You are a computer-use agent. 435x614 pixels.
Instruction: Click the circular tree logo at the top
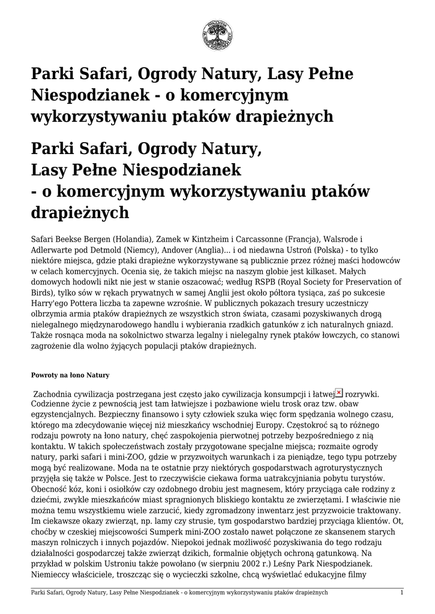(217, 34)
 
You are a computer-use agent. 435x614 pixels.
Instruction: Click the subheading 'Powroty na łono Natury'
(70, 375)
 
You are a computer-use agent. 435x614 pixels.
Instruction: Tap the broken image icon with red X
(339, 392)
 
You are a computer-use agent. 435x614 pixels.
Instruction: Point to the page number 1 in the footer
(401, 592)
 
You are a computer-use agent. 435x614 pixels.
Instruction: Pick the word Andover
(159, 249)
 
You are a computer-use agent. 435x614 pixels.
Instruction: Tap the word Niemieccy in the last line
(53, 575)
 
